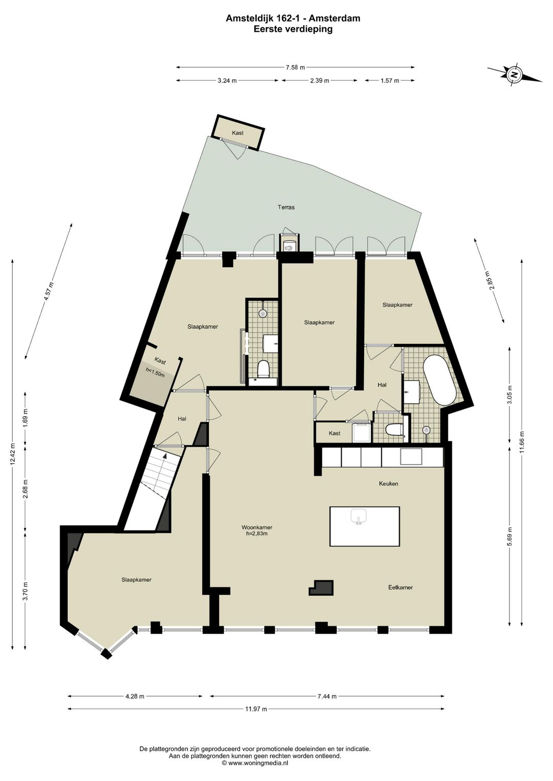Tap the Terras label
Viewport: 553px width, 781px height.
[286, 207]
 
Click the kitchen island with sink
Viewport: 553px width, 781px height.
[364, 526]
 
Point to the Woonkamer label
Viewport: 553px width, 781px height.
[257, 527]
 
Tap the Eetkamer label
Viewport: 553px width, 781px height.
[400, 588]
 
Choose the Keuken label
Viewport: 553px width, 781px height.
[388, 484]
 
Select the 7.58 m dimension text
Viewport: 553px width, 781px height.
[295, 68]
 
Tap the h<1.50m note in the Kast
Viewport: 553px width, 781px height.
[155, 374]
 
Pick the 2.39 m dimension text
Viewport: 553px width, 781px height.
[319, 81]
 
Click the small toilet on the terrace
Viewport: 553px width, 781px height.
[289, 245]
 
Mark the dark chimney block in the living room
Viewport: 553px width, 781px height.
[322, 588]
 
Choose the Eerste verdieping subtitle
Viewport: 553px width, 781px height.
[293, 29]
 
